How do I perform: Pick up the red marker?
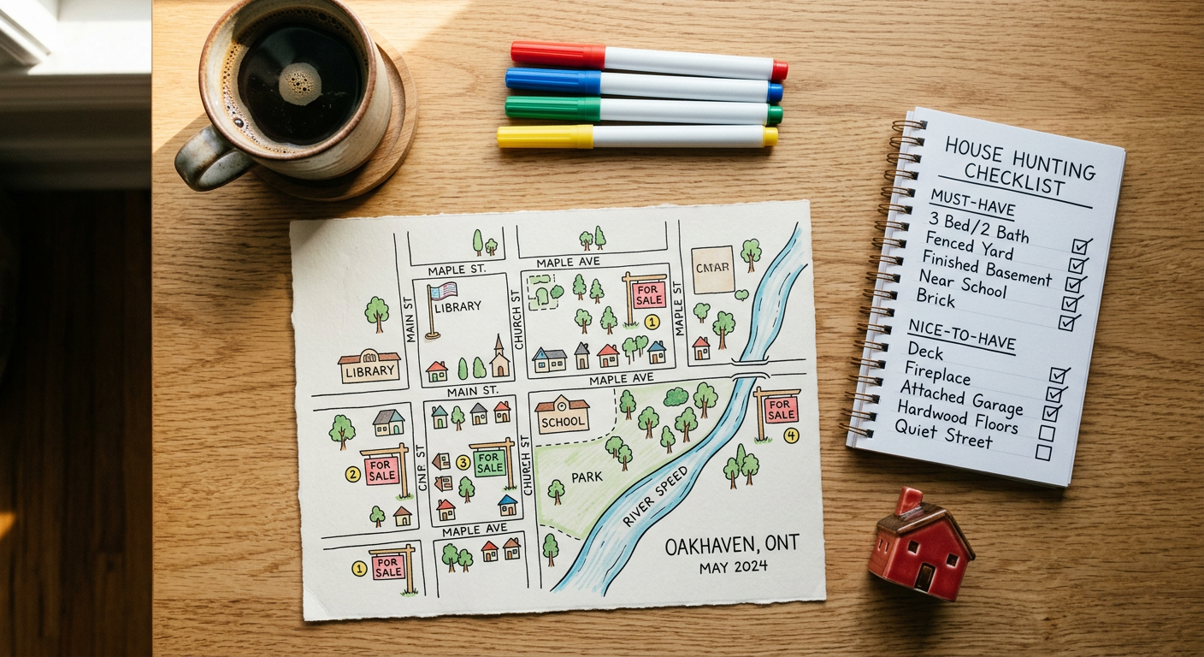click(650, 59)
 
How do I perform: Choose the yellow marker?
click(637, 136)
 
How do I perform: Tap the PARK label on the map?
click(587, 476)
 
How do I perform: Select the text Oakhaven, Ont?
click(732, 545)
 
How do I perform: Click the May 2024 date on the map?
click(733, 566)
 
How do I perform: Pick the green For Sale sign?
click(490, 463)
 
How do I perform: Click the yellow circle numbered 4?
click(791, 435)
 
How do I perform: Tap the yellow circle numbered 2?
click(352, 472)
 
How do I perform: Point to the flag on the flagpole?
click(445, 291)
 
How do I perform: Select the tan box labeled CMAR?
click(712, 269)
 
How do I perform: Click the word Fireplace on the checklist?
click(939, 376)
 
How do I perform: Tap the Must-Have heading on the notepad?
click(960, 206)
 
